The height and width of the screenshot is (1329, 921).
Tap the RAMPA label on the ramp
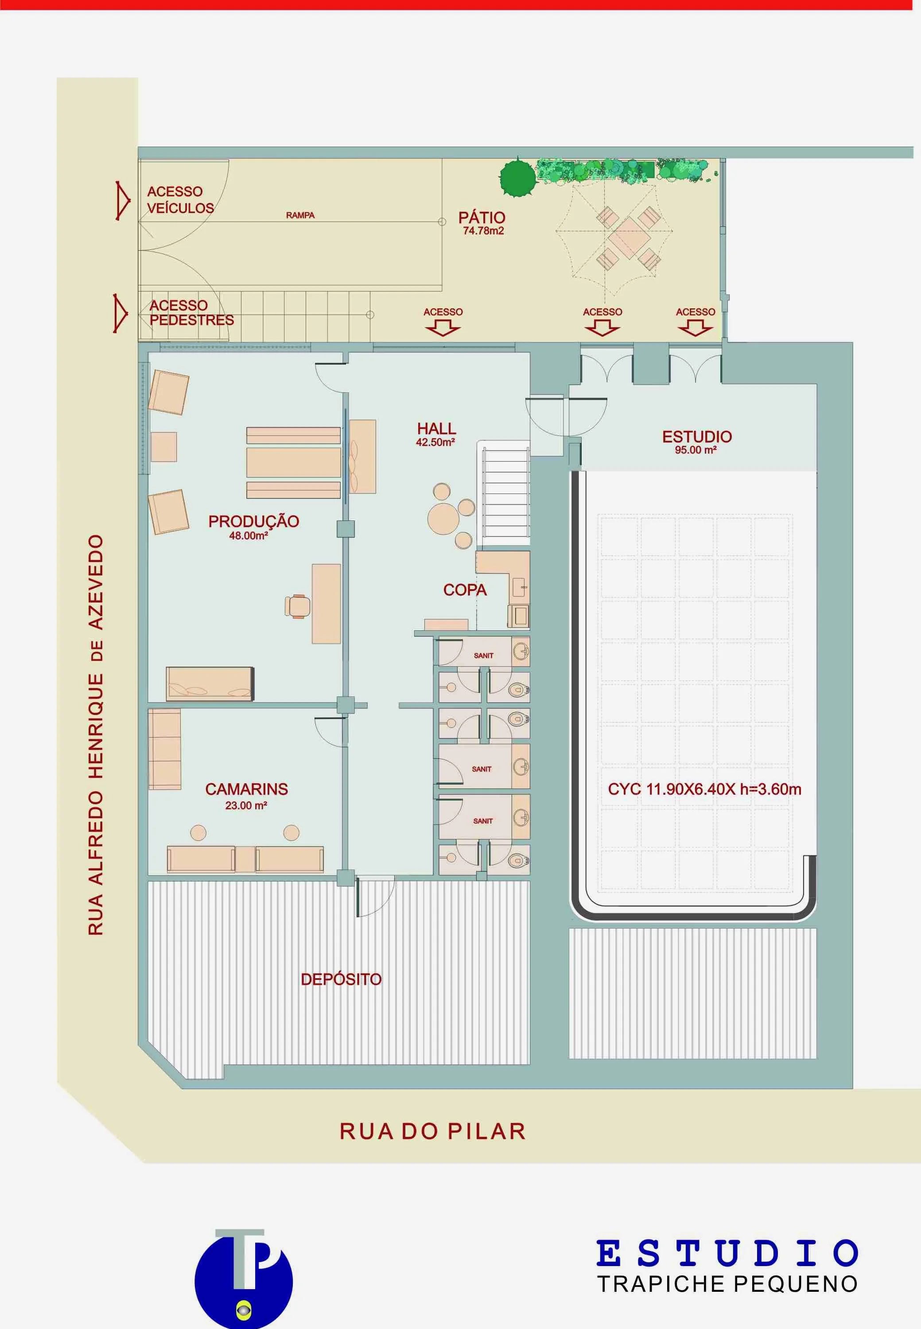click(300, 215)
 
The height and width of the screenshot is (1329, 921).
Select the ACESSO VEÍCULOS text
click(180, 200)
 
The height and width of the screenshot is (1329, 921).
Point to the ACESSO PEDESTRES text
click(191, 313)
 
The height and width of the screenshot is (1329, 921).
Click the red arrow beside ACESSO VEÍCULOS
click(122, 200)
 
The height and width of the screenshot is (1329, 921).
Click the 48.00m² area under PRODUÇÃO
click(248, 536)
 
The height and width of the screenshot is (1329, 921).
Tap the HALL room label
click(436, 429)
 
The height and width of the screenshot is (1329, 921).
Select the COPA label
click(465, 590)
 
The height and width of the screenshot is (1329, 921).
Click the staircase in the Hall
click(505, 494)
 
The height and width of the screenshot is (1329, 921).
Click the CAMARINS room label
click(246, 789)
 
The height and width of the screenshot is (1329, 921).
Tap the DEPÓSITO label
click(341, 979)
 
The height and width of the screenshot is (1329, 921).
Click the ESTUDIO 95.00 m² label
click(696, 442)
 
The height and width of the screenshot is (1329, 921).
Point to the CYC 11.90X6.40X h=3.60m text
click(704, 789)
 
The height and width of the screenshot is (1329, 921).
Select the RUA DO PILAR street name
click(432, 1131)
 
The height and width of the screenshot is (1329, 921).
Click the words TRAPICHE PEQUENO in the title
click(727, 1284)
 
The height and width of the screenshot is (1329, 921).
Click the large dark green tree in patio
click(517, 177)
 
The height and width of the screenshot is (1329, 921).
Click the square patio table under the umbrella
click(629, 237)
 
